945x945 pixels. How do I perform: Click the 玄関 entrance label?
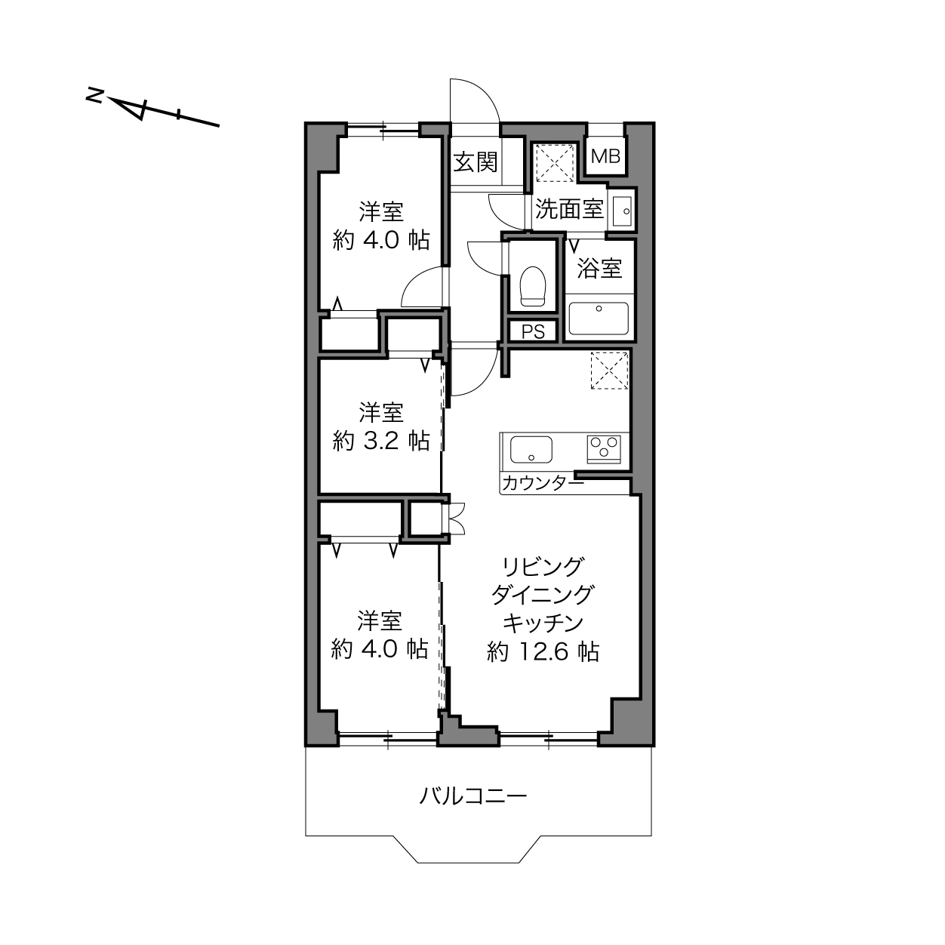click(475, 162)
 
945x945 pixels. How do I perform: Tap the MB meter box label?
click(605, 156)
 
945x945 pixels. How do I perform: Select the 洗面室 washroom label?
click(569, 209)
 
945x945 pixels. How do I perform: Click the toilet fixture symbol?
click(533, 285)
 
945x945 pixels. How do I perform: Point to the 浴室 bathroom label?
click(599, 268)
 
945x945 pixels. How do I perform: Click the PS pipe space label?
click(533, 332)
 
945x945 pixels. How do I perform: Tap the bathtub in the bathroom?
click(599, 319)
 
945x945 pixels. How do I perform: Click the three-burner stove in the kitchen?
click(604, 448)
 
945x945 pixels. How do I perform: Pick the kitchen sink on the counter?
click(531, 449)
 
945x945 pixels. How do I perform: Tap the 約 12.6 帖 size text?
click(543, 652)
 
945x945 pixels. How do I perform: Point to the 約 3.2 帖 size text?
click(381, 441)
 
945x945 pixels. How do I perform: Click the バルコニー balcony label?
click(472, 795)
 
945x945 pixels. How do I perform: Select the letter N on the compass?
click(94, 95)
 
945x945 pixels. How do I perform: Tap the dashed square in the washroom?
click(554, 163)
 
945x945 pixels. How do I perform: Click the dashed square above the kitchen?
click(610, 371)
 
